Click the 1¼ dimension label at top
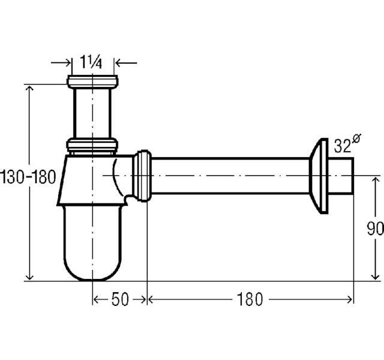[91, 62]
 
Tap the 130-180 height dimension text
[28, 177]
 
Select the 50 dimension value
[120, 299]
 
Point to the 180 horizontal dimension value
[250, 299]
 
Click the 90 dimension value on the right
[376, 229]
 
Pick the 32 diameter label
[347, 144]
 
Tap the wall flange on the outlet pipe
[319, 176]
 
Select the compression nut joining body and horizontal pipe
[142, 176]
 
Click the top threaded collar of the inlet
[92, 82]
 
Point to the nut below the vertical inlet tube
[92, 145]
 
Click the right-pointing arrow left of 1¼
[61, 63]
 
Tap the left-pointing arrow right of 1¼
[126, 63]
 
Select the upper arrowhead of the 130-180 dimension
[29, 89]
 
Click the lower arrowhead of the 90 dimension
[375, 276]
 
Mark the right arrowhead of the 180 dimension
[350, 299]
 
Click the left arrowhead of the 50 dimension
[96, 299]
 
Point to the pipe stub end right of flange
[341, 176]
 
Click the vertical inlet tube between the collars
[92, 113]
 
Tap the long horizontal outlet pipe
[230, 176]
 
